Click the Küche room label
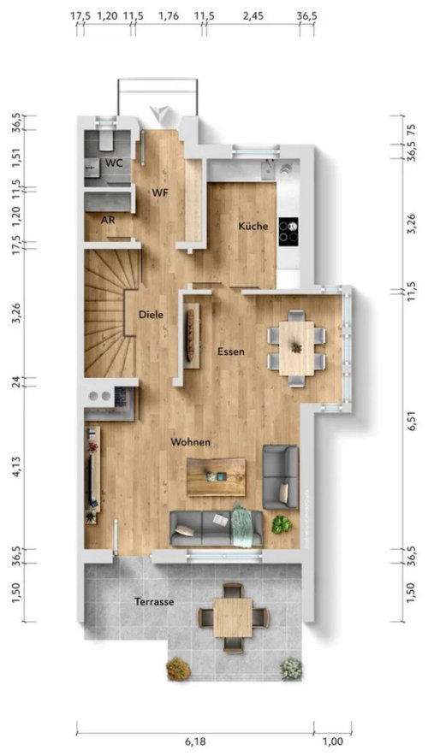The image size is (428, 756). click(x=253, y=226)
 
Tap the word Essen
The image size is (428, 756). click(x=230, y=351)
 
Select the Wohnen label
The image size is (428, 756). click(x=191, y=441)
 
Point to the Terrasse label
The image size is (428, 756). click(x=154, y=602)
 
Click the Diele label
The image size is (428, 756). click(x=151, y=315)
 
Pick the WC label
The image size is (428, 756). click(x=115, y=163)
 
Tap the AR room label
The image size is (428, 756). click(x=108, y=220)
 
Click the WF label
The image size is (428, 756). click(x=160, y=193)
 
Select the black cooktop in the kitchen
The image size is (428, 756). click(x=288, y=232)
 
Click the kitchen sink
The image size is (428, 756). click(x=268, y=168)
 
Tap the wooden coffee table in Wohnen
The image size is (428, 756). click(x=217, y=477)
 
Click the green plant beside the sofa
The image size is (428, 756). click(x=282, y=524)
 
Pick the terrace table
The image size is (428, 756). click(x=233, y=617)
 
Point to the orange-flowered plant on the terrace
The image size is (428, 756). click(x=178, y=670)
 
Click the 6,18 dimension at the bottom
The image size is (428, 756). click(x=195, y=741)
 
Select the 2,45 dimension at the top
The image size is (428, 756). click(x=253, y=16)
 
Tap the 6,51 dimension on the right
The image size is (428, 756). click(x=411, y=421)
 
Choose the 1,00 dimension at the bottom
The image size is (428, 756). click(x=333, y=741)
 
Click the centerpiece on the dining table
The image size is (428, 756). click(x=296, y=346)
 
